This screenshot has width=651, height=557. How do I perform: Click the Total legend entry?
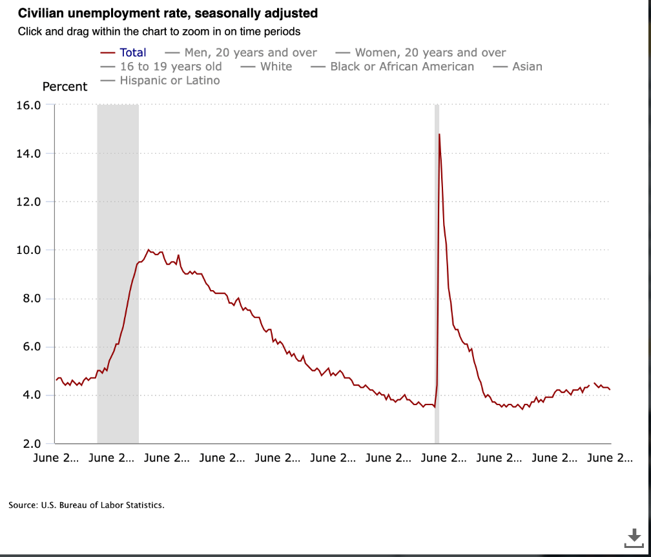click(123, 53)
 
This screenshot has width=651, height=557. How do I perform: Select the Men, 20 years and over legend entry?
click(241, 53)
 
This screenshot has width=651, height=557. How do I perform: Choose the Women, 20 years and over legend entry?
click(420, 53)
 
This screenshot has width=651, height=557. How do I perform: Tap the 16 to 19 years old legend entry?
click(161, 67)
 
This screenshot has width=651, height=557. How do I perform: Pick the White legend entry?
click(266, 67)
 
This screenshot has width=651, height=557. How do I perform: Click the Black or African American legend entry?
click(393, 67)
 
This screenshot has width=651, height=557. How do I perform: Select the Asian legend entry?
click(518, 67)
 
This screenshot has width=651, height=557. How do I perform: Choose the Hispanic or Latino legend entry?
click(160, 80)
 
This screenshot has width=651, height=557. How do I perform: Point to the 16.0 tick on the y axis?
click(28, 105)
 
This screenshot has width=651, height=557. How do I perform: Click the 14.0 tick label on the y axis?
click(28, 154)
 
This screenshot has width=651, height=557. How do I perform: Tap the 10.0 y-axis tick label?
click(28, 250)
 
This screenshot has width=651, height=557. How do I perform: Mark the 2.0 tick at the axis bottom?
click(32, 444)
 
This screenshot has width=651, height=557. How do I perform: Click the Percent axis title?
click(65, 87)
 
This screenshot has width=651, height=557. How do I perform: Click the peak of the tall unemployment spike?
click(439, 134)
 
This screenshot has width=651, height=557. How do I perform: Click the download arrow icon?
click(634, 538)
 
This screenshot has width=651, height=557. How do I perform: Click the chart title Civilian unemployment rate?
click(168, 14)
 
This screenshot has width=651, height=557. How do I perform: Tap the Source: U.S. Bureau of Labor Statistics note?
click(87, 505)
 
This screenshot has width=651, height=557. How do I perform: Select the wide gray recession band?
click(118, 274)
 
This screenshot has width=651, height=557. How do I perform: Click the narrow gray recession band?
click(437, 274)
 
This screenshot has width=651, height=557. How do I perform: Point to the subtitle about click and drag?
click(159, 32)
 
